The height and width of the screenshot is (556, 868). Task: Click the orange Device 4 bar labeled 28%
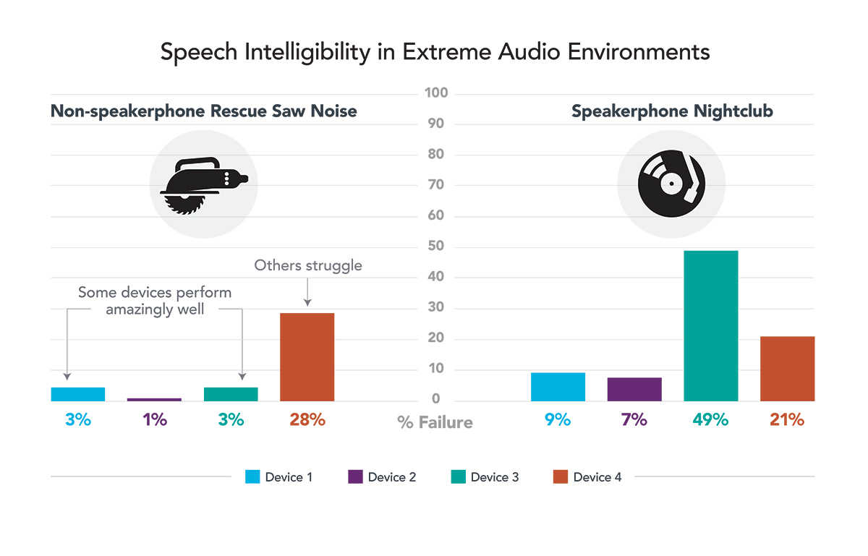click(307, 357)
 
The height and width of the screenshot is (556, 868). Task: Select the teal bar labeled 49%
click(710, 326)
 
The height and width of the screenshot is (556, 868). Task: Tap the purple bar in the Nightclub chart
click(634, 389)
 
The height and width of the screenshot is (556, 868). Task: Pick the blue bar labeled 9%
click(558, 387)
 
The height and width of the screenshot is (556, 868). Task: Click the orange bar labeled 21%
click(787, 369)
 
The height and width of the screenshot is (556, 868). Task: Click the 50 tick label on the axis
click(435, 247)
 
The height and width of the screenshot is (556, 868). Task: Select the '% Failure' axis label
click(435, 422)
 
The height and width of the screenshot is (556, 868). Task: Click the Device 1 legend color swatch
click(252, 477)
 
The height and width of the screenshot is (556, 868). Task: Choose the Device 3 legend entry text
click(495, 477)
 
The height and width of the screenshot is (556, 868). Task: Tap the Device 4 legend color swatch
click(560, 477)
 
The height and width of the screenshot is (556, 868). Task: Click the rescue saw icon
click(203, 184)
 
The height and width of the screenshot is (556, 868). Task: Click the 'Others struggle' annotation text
click(307, 265)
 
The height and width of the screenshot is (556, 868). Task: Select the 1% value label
click(155, 419)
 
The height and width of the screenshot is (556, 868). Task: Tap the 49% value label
click(710, 419)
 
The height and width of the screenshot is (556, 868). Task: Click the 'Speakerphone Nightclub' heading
click(672, 112)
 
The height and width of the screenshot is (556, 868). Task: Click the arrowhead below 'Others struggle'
click(307, 301)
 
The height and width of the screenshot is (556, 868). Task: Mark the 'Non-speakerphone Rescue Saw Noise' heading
click(203, 112)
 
